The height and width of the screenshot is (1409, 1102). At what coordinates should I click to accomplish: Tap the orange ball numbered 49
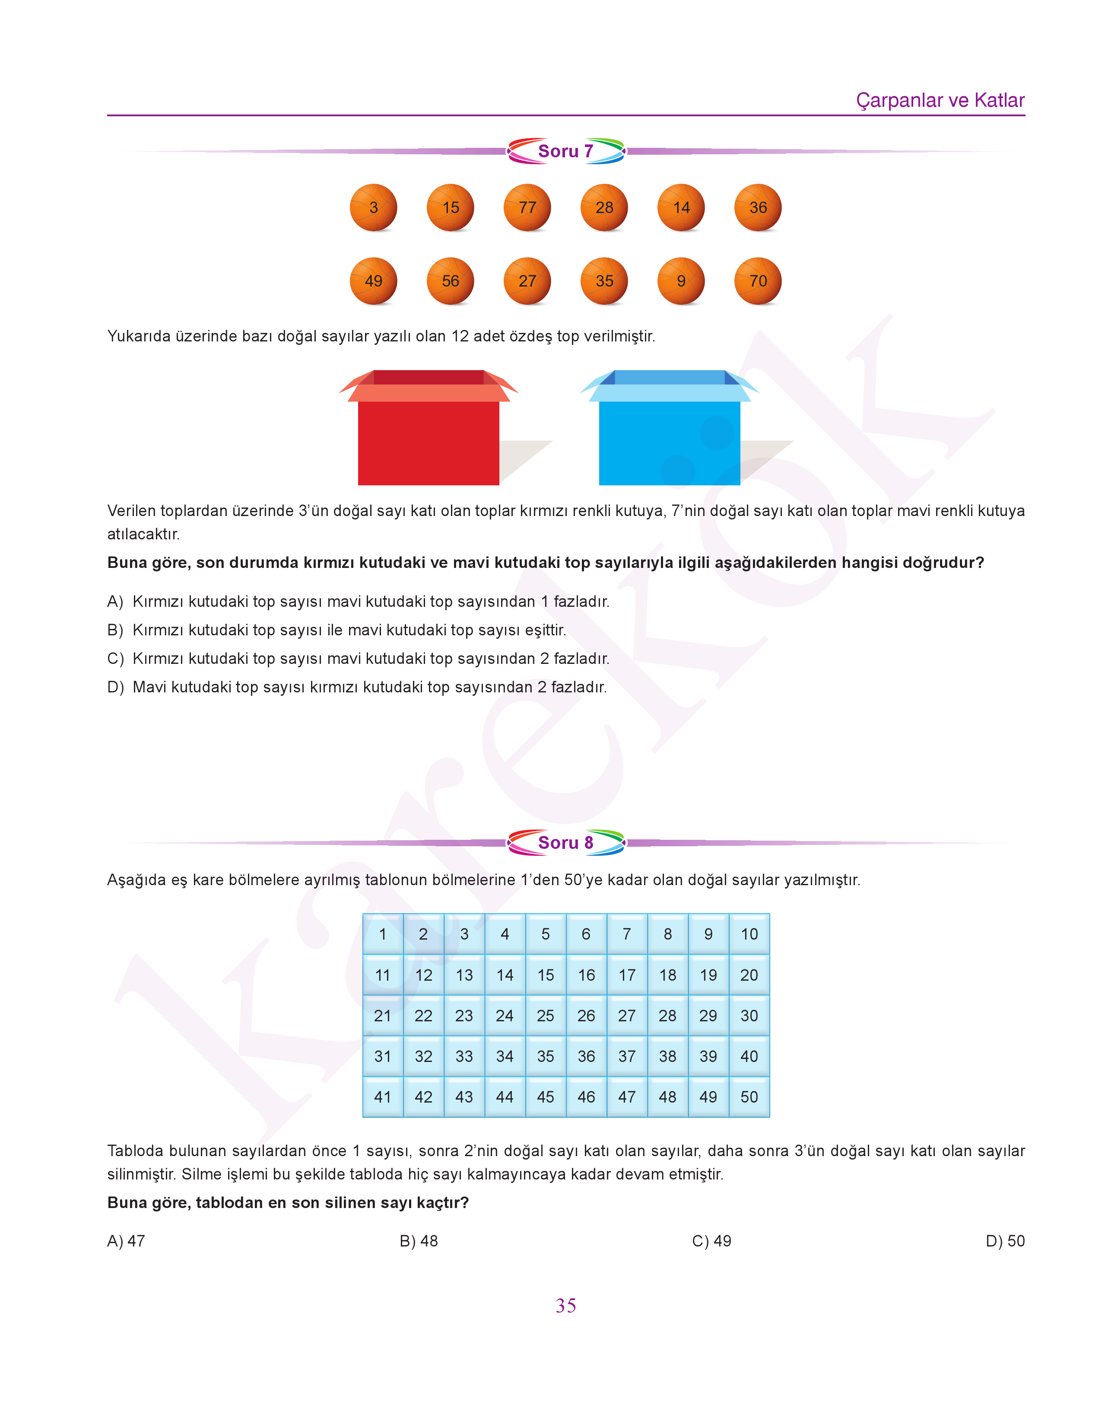pyautogui.click(x=374, y=281)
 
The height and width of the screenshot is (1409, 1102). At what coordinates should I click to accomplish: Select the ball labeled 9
pyautogui.click(x=681, y=281)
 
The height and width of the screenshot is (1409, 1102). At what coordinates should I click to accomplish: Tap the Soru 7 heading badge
pyautogui.click(x=566, y=151)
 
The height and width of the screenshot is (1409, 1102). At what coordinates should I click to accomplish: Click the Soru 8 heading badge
pyautogui.click(x=566, y=843)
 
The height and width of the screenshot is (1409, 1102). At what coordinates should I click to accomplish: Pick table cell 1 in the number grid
pyautogui.click(x=383, y=934)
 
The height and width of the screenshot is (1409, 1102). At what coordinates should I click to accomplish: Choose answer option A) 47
pyautogui.click(x=127, y=1241)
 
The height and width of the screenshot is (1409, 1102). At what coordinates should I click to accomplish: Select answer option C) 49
pyautogui.click(x=711, y=1241)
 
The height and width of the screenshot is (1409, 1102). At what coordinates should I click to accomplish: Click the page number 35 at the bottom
pyautogui.click(x=566, y=1306)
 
